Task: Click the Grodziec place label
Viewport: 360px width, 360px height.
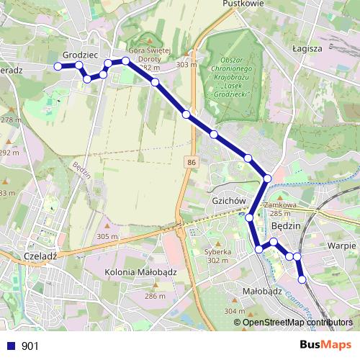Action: coord(80,55)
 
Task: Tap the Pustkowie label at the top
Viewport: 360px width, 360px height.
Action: coord(244,4)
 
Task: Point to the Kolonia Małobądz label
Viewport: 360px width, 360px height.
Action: coord(140,272)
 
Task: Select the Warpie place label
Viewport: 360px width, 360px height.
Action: coord(342,245)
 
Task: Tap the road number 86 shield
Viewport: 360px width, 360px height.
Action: coord(190,163)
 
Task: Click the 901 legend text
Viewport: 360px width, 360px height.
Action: coord(30,346)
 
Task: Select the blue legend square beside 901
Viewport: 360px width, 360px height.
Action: coord(11,346)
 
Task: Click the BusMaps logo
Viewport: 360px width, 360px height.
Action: coord(325,345)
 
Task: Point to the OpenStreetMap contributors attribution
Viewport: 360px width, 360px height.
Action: coord(297,323)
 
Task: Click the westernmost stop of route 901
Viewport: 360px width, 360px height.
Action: coord(58,66)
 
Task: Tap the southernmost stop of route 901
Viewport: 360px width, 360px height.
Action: coord(302,279)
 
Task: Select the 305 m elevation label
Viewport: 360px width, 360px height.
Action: coord(107,237)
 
